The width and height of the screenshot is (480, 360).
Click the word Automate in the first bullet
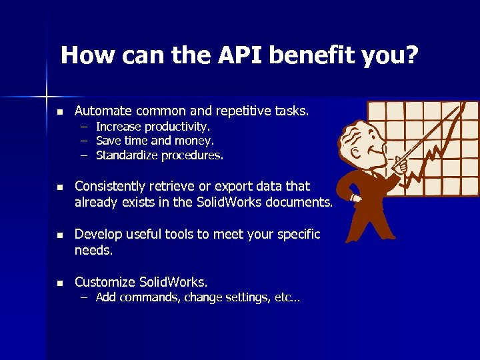[x=101, y=110]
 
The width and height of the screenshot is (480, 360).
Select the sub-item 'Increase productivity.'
[x=153, y=126]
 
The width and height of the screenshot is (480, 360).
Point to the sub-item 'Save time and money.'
[x=155, y=141]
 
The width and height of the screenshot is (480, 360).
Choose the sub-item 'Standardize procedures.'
[x=159, y=156]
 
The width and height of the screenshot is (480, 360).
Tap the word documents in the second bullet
[x=297, y=203]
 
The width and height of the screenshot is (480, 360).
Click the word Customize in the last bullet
[x=104, y=283]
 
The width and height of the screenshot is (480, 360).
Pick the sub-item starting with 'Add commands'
[x=197, y=298]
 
